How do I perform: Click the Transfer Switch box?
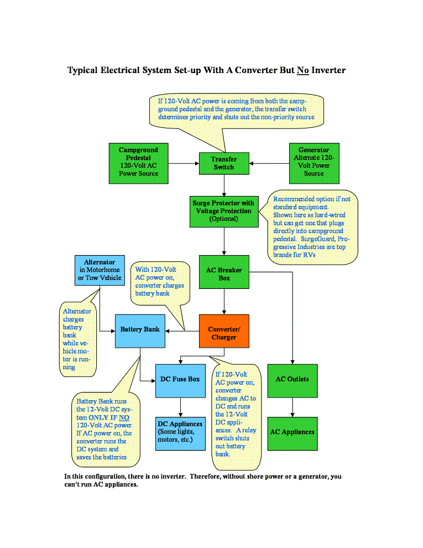(x=224, y=163)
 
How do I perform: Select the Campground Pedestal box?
(x=138, y=162)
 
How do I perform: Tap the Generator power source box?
(x=314, y=162)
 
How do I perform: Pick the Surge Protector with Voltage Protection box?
(x=224, y=211)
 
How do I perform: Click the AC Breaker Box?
(x=224, y=274)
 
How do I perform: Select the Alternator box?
(x=100, y=270)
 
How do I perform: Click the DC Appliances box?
(x=180, y=432)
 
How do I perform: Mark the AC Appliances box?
(x=292, y=432)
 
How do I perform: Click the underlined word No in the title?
(x=302, y=70)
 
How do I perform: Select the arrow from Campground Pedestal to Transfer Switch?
(x=182, y=163)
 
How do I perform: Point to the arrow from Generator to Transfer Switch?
(x=269, y=163)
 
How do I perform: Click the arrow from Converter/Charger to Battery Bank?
(x=182, y=331)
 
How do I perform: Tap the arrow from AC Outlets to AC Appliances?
(x=292, y=406)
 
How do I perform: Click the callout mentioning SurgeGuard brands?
(x=312, y=227)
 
